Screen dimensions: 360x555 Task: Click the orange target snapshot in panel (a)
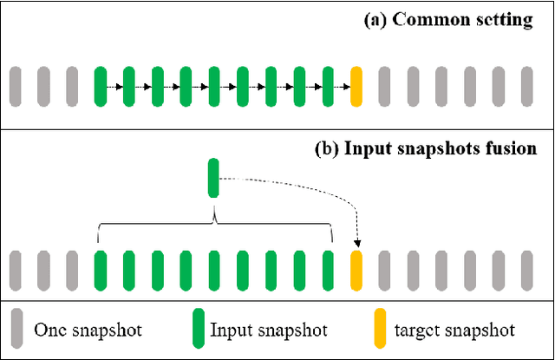pos(356,87)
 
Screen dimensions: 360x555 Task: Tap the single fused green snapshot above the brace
pos(213,178)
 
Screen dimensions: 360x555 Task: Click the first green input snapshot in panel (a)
pos(100,87)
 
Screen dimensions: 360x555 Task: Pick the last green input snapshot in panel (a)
pos(328,87)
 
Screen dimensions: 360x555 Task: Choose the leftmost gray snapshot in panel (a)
pos(15,87)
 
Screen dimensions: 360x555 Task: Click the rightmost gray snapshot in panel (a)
pos(526,87)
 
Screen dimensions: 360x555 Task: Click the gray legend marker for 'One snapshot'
pos(15,330)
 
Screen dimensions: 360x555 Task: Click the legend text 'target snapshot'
pos(454,330)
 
